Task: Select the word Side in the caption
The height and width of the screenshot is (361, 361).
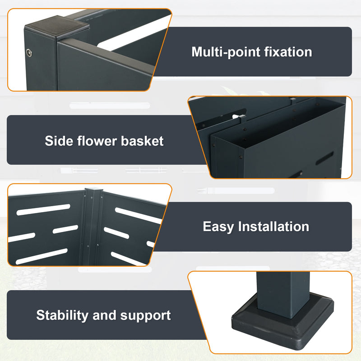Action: pos(56,141)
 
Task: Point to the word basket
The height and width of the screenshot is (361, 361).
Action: pos(142,141)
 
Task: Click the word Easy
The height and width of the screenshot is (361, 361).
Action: pos(218,226)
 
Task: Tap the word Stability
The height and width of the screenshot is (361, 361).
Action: pos(62,315)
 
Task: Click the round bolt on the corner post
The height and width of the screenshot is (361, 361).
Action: pos(30,53)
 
